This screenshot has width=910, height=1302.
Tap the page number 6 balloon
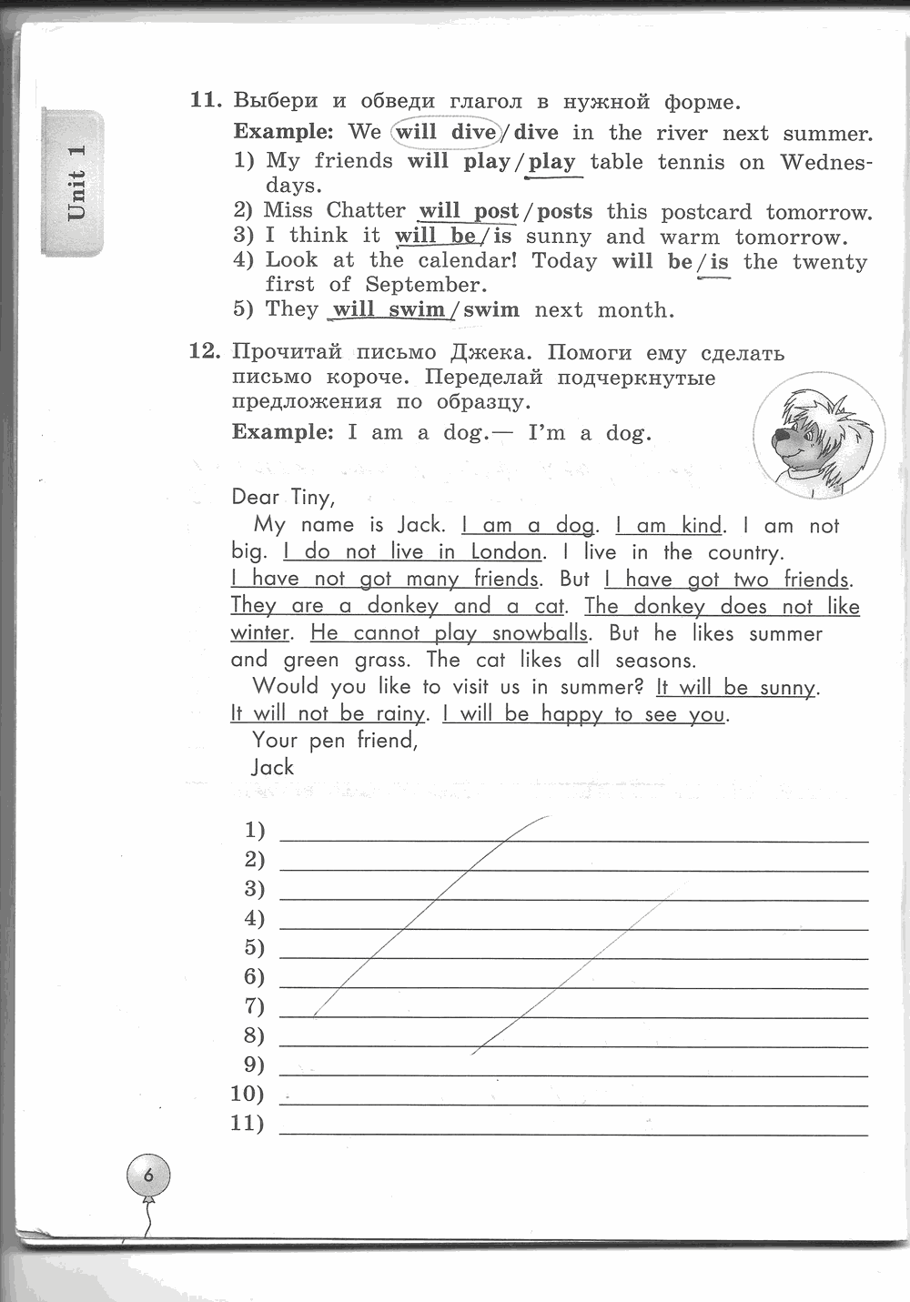[x=148, y=1176]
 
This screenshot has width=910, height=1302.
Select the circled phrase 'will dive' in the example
[x=446, y=132]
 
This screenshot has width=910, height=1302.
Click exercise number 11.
[x=205, y=101]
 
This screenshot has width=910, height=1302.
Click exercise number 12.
[x=205, y=352]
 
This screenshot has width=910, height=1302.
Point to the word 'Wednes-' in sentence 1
[x=826, y=162]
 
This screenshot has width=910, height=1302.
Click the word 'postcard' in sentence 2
[x=706, y=212]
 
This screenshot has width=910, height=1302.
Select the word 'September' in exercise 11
[x=423, y=285]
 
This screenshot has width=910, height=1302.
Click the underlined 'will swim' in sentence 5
[x=389, y=309]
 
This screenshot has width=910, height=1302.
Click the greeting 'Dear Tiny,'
[x=283, y=497]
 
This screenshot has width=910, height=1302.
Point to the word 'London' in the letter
[x=506, y=551]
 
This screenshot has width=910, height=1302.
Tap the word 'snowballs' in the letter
[x=540, y=633]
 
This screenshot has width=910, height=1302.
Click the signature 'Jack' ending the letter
[x=273, y=767]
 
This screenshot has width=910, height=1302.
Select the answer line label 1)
[x=255, y=830]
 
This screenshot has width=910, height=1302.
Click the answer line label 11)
[x=247, y=1123]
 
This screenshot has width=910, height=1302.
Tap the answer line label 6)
[x=255, y=976]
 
